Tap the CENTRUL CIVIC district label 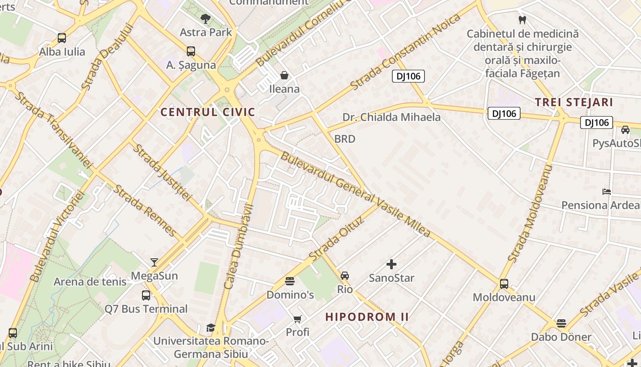[x=207, y=112]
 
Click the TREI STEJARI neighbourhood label [x=574, y=102]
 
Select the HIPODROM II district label [x=367, y=317]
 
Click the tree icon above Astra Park [x=206, y=19]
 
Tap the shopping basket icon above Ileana [x=284, y=75]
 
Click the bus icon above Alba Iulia [x=62, y=38]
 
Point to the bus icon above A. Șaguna [x=191, y=51]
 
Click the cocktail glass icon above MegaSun [x=154, y=262]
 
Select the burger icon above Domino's [x=290, y=281]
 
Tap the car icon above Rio [x=345, y=276]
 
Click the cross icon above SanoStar [x=391, y=264]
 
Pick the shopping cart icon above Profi [x=298, y=318]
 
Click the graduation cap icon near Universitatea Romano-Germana [x=211, y=328]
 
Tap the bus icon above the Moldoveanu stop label [x=504, y=284]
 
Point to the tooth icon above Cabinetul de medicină [x=521, y=20]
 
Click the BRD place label [x=345, y=139]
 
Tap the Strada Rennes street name [x=145, y=211]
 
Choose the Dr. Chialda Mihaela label [x=391, y=117]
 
